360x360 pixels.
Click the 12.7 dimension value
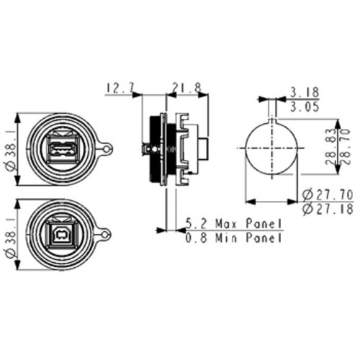(121, 89)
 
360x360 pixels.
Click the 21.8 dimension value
(184, 89)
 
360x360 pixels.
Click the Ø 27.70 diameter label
(328, 195)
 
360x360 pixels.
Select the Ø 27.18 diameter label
(328, 210)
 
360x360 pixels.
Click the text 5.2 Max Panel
(233, 223)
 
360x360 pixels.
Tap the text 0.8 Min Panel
(233, 238)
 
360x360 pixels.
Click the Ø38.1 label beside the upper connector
(9, 149)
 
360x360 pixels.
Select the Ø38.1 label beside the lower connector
(9, 235)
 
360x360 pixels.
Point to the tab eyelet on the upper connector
(107, 148)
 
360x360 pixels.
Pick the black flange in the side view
(152, 148)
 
